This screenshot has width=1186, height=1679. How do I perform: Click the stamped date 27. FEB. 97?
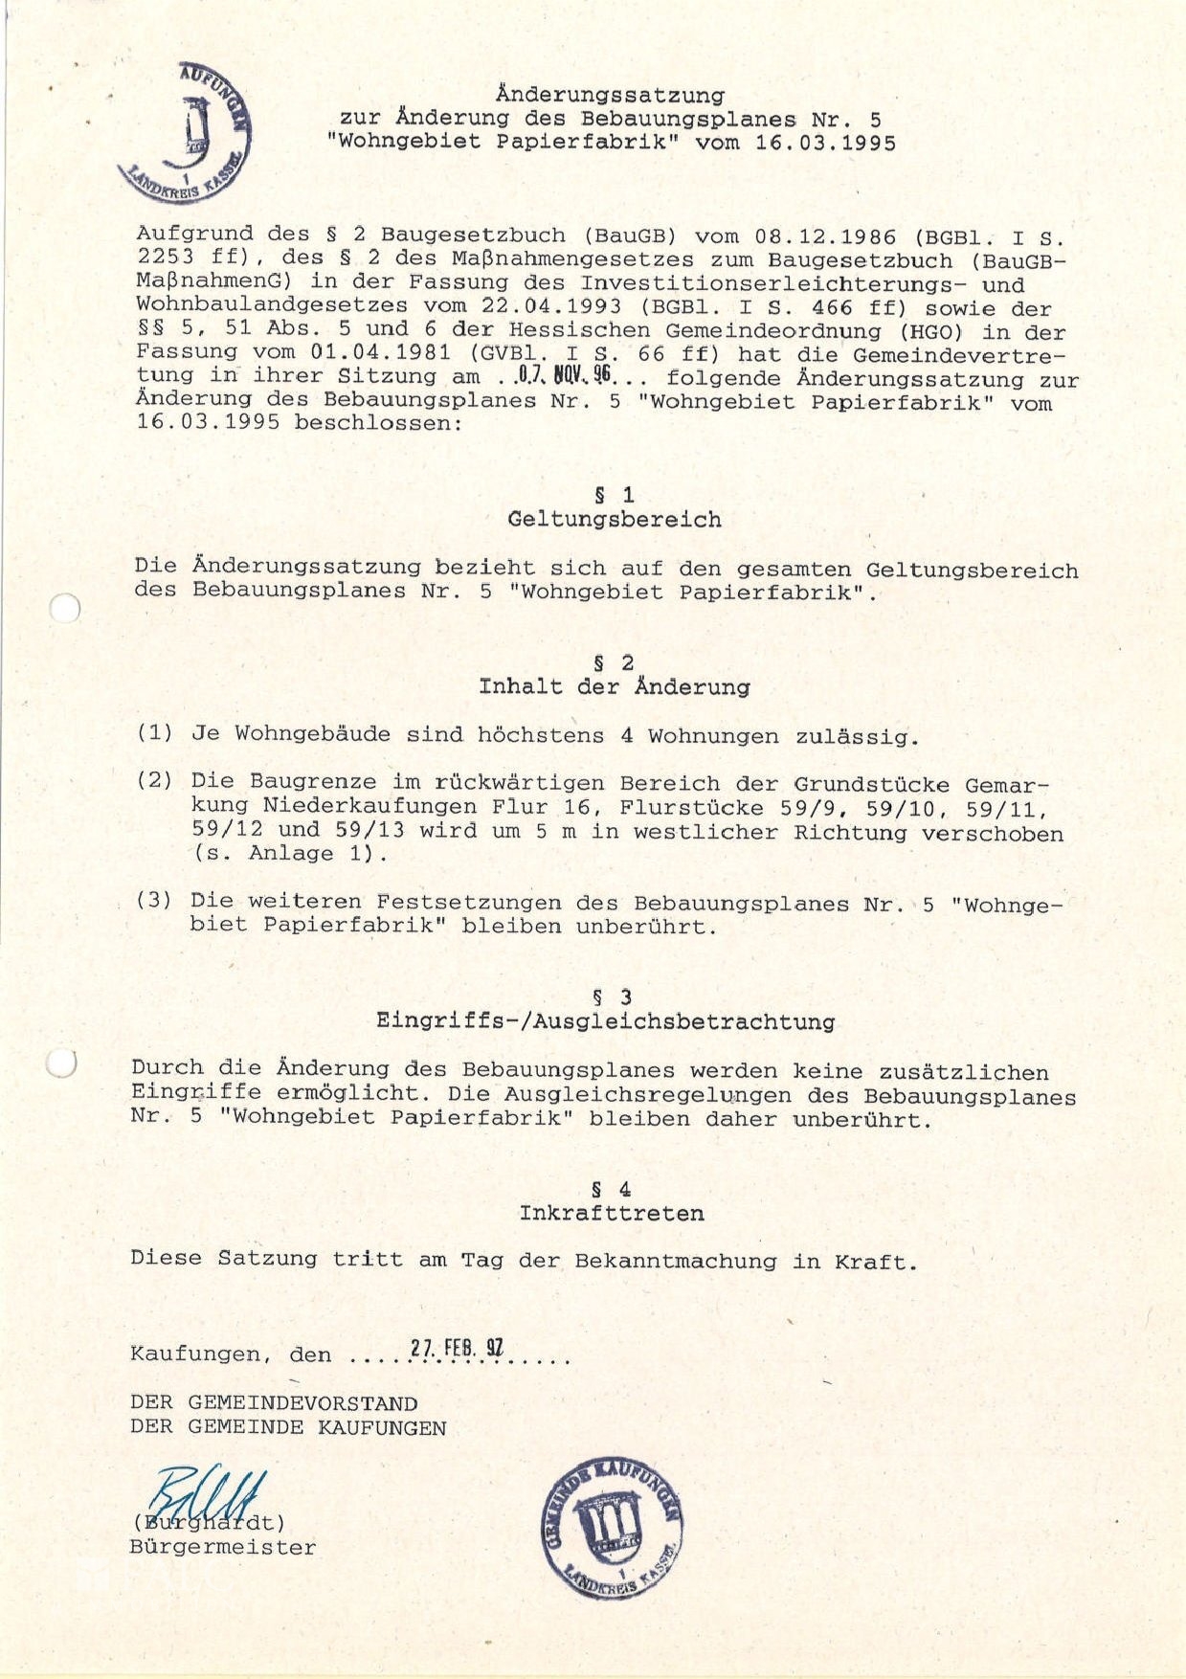click(457, 1349)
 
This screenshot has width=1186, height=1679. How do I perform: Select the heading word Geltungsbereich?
click(615, 520)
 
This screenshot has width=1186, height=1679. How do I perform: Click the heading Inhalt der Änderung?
click(615, 687)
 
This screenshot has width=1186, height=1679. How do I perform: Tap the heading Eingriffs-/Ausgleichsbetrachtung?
click(605, 1021)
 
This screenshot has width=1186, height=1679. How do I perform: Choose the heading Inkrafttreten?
click(612, 1214)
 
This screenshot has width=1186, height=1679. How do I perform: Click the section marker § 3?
click(612, 997)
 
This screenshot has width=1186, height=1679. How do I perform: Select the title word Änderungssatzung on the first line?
click(610, 95)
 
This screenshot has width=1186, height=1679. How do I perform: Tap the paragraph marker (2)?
click(155, 781)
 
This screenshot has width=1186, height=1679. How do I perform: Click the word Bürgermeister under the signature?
click(222, 1548)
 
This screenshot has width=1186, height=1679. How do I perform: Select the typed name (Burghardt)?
click(208, 1523)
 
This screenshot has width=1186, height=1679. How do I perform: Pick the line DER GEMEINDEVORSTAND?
click(274, 1403)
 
